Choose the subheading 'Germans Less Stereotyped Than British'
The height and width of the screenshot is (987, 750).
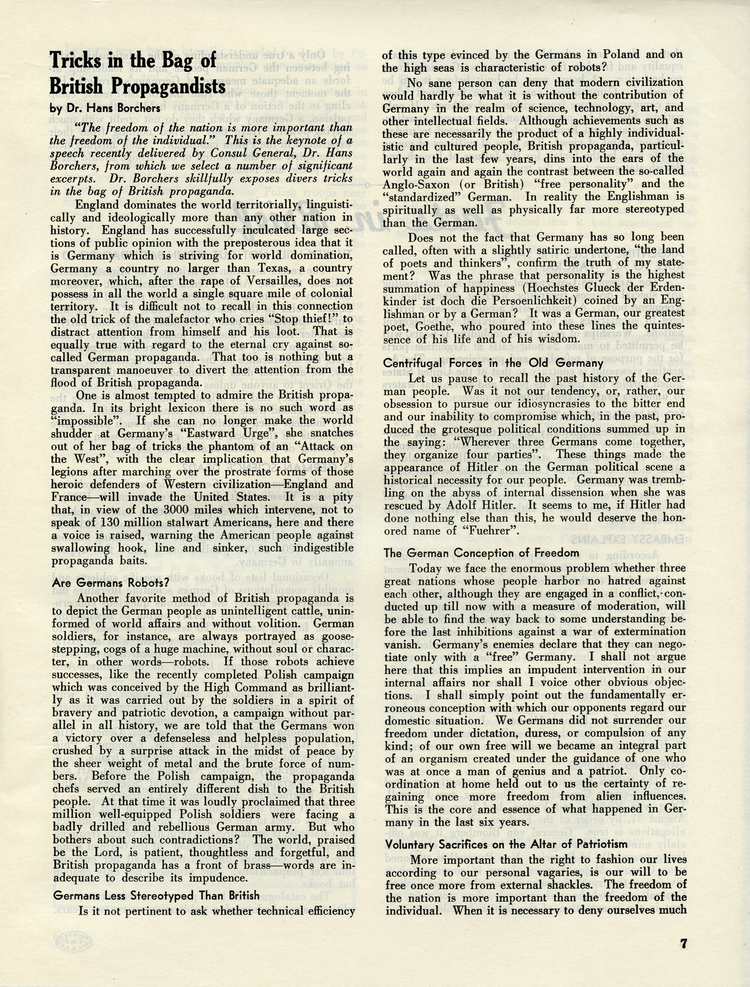pos(156,883)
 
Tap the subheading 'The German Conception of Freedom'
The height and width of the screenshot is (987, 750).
pos(482,553)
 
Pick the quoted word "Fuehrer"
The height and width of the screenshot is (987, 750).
pos(492,531)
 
